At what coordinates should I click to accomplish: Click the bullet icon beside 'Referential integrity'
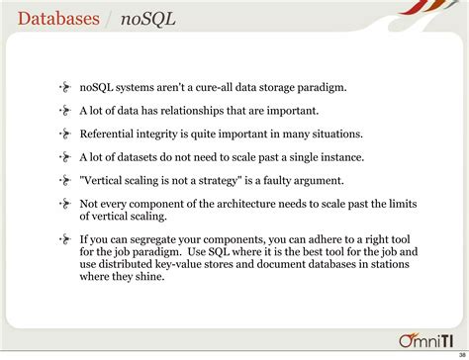pyautogui.click(x=65, y=134)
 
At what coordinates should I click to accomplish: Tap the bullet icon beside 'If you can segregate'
pyautogui.click(x=65, y=238)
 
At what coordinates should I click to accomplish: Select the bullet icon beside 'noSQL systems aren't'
pyautogui.click(x=65, y=86)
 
